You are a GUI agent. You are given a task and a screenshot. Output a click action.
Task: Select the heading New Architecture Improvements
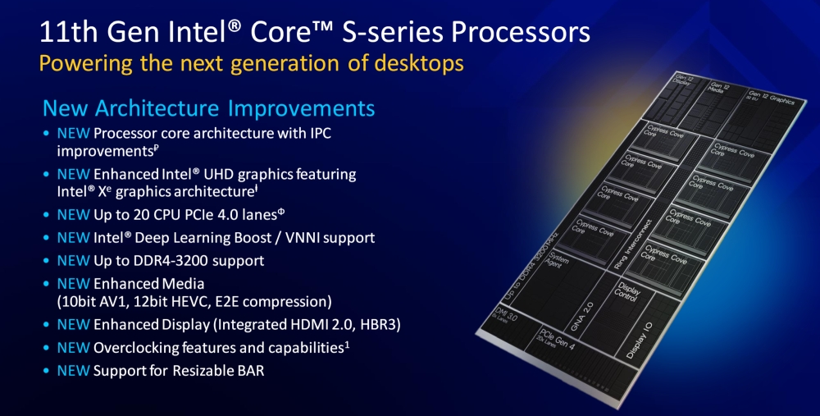(x=208, y=108)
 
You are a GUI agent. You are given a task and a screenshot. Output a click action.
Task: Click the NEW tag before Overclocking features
(x=72, y=348)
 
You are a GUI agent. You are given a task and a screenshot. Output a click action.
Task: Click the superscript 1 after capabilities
(x=348, y=345)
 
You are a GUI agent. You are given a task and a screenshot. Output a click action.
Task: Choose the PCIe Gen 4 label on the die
(x=548, y=336)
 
